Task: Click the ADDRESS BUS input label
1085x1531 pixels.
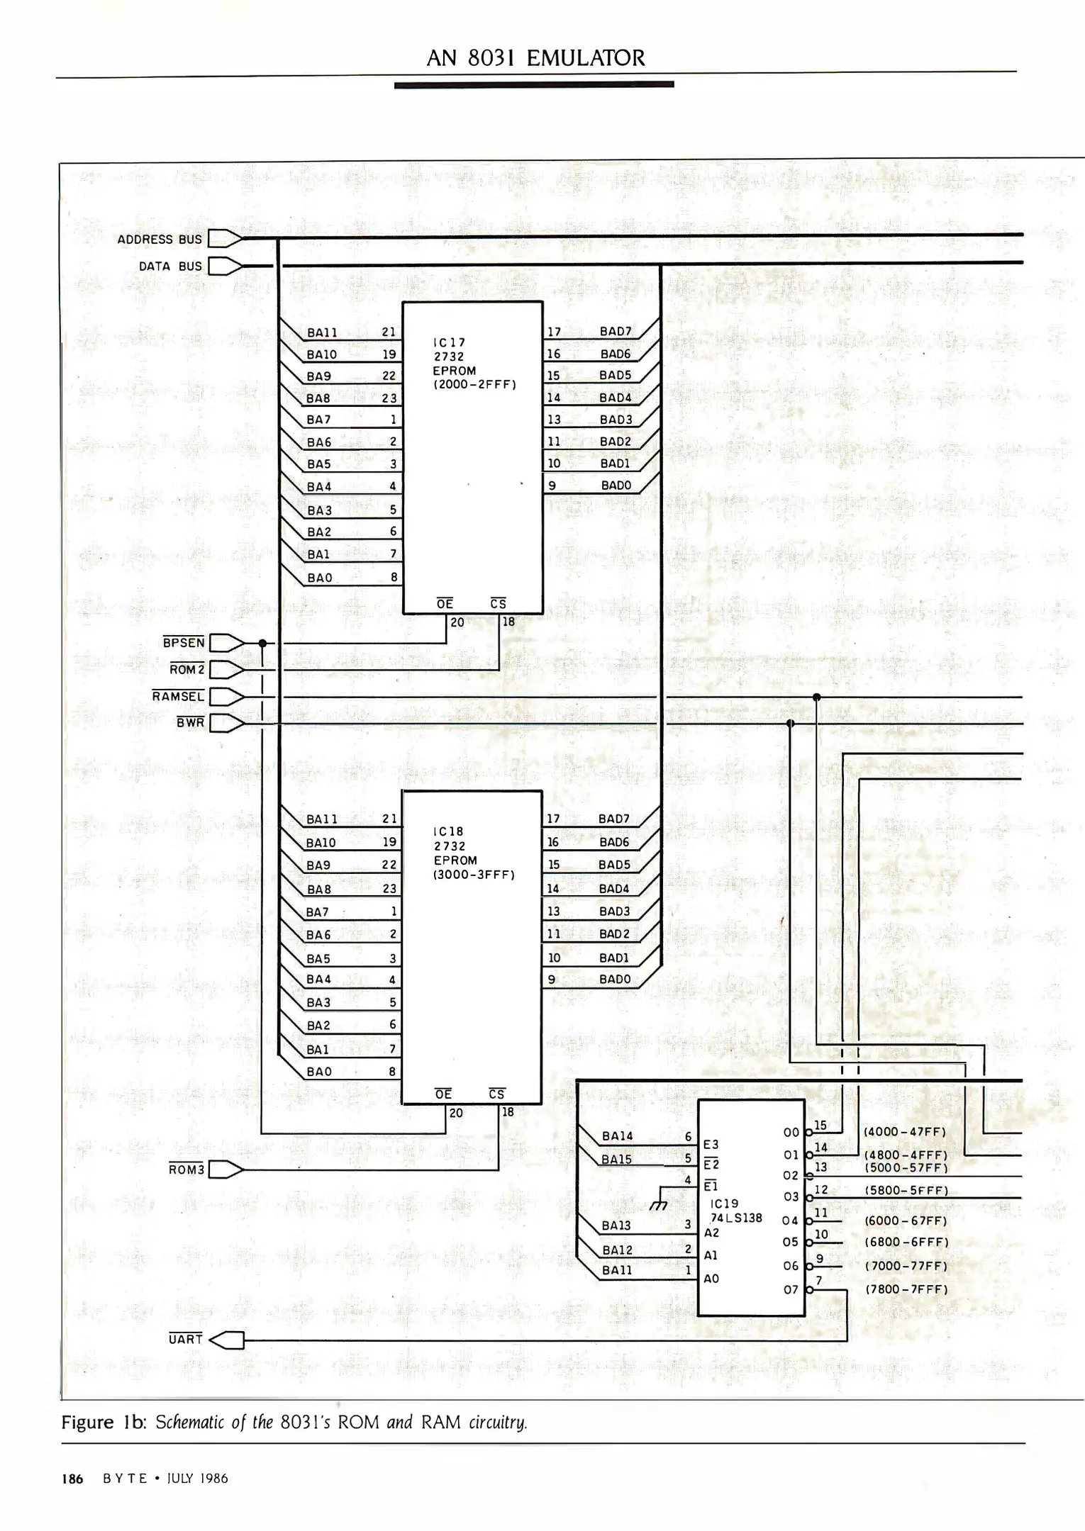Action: click(160, 240)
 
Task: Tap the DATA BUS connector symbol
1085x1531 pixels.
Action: click(225, 267)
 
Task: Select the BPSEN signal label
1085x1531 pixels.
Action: click(184, 643)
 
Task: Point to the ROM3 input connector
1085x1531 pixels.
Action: click(226, 1170)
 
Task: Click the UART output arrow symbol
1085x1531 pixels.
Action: click(228, 1340)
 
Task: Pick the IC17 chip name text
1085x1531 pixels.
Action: click(449, 342)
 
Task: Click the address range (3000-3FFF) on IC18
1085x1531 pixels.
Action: click(474, 875)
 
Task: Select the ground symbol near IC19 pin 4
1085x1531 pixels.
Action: click(659, 1205)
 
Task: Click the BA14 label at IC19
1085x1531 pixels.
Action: click(617, 1135)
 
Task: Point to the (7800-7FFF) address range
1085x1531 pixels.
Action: click(906, 1289)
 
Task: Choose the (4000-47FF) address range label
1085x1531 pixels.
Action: click(905, 1132)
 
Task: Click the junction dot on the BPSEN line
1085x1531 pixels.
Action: click(262, 644)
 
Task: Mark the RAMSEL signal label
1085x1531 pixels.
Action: click(178, 697)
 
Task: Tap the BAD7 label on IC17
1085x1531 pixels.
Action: click(615, 332)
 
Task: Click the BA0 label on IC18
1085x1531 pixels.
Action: click(319, 1072)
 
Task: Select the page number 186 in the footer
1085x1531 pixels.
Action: click(72, 1479)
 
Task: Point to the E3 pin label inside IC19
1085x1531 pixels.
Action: click(711, 1144)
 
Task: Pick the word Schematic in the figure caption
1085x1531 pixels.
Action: click(191, 1423)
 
